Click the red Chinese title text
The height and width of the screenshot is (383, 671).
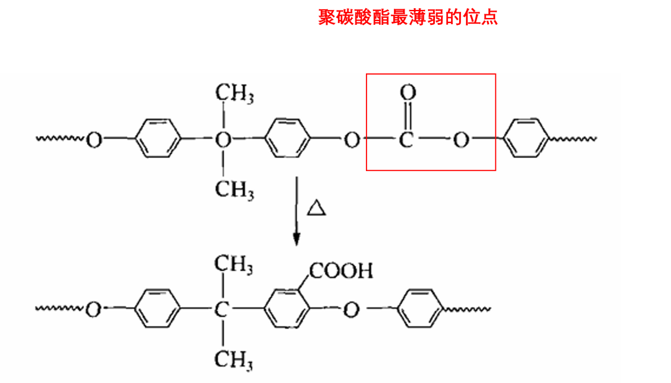coord(408,17)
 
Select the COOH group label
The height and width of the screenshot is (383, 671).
coord(341,270)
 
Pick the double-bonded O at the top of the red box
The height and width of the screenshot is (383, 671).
coord(408,92)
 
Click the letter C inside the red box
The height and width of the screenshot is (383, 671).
coord(406,140)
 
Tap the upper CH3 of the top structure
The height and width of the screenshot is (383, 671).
coord(234,93)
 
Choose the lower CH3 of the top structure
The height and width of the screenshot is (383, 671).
coord(234,190)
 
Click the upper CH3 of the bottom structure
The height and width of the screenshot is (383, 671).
coord(233,264)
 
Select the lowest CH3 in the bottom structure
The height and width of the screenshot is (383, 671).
coord(233,360)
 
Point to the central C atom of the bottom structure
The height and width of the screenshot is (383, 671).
coord(221,309)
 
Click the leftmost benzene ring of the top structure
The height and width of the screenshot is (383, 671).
coord(157,139)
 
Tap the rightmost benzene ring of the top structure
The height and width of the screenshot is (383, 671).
coord(526,138)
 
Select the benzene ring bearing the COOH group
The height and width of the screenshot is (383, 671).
coord(286,308)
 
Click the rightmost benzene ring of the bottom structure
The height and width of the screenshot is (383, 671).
coord(419,308)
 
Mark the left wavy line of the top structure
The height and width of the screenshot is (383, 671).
coord(60,139)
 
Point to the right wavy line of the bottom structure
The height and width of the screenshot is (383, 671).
coord(467,309)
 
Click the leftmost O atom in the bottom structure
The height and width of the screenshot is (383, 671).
coord(93,309)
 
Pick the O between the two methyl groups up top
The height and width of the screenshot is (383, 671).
coord(223,140)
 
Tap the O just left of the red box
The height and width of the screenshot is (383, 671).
coord(352,140)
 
